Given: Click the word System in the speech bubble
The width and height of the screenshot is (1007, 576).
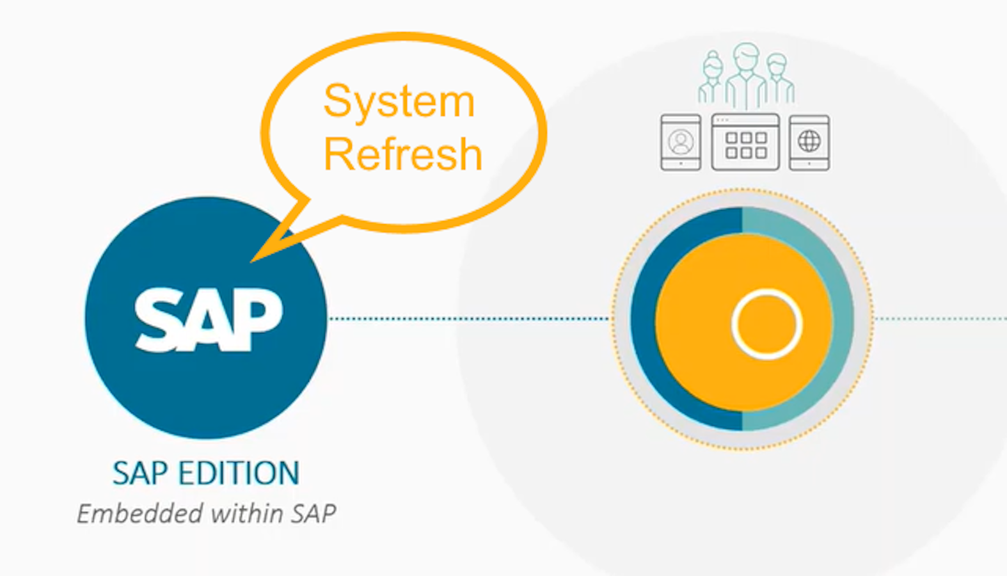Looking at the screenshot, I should click(399, 102).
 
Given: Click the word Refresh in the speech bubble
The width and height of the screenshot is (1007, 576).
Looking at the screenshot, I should click(402, 154).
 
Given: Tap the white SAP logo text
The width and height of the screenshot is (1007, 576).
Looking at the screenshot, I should click(208, 319).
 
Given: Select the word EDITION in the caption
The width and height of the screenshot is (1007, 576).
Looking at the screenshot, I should click(238, 474).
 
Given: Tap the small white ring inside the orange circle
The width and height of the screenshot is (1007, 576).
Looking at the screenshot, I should click(766, 324).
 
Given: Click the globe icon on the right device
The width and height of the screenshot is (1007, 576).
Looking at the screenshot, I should click(809, 141).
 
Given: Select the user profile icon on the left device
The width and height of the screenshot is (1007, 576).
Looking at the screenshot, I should click(681, 141).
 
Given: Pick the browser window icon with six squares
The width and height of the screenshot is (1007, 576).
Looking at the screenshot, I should click(745, 142).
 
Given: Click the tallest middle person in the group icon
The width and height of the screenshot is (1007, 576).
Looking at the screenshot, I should click(746, 74).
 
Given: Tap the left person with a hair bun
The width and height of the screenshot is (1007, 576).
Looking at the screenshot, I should click(711, 80).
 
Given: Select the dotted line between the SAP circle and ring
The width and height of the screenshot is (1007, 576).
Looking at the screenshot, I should click(467, 318).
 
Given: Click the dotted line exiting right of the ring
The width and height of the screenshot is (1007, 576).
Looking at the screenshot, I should click(940, 318).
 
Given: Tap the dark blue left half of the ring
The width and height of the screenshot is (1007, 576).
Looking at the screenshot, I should click(643, 319).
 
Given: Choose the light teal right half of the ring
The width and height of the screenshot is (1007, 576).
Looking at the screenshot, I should click(843, 319).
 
